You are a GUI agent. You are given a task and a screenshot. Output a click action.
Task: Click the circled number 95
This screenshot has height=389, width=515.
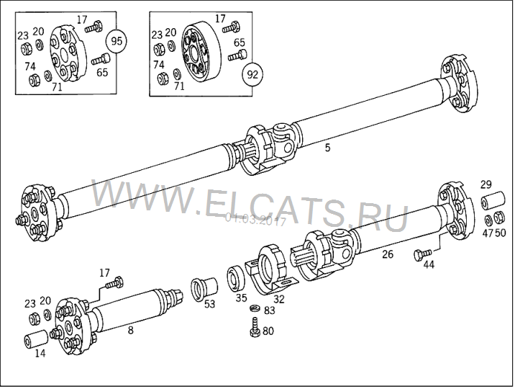pyautogui.click(x=117, y=41)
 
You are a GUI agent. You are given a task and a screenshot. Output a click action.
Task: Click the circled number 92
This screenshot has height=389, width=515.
pyautogui.click(x=252, y=75)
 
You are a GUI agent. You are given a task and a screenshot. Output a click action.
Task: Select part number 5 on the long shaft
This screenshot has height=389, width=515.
pyautogui.click(x=327, y=148)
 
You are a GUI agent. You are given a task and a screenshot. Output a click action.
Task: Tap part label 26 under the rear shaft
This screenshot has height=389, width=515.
pyautogui.click(x=388, y=254)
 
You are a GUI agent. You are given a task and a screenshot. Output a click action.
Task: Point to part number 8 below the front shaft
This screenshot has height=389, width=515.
pyautogui.click(x=131, y=330)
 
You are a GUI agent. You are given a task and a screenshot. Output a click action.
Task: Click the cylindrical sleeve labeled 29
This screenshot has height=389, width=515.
pyautogui.click(x=493, y=200)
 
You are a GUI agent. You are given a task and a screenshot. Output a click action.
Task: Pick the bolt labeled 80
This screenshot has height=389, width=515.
pyautogui.click(x=255, y=327)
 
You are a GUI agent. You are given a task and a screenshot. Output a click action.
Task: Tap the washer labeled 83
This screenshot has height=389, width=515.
pyautogui.click(x=254, y=308)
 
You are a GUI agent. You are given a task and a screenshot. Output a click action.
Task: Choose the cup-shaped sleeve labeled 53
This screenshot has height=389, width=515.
pyautogui.click(x=204, y=288)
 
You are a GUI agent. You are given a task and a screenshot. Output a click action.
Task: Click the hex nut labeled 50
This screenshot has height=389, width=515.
pyautogui.click(x=499, y=218)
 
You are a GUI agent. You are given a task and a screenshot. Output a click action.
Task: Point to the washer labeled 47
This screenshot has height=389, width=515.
pyautogui.click(x=488, y=219)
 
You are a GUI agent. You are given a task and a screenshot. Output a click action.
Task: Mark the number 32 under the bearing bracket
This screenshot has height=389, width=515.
pyautogui.click(x=279, y=299)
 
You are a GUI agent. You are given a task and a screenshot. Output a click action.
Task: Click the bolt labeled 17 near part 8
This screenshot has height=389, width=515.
pyautogui.click(x=114, y=283)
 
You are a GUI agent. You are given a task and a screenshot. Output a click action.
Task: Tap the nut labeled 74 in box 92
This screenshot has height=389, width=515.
pyautogui.click(x=162, y=78)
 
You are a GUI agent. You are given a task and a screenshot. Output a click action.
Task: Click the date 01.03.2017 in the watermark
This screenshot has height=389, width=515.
pyautogui.click(x=255, y=219)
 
